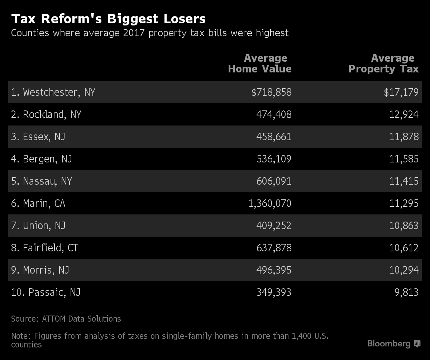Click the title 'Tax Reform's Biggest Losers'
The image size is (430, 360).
pyautogui.click(x=108, y=19)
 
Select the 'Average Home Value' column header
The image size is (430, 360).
pyautogui.click(x=260, y=63)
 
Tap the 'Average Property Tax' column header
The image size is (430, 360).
pyautogui.click(x=383, y=63)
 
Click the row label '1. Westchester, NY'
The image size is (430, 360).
pyautogui.click(x=53, y=92)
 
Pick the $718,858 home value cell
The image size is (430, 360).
pyautogui.click(x=271, y=92)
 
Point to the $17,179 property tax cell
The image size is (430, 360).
pyautogui.click(x=401, y=92)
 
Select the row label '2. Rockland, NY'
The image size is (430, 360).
pyautogui.click(x=46, y=114)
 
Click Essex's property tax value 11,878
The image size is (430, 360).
pyautogui.click(x=404, y=137)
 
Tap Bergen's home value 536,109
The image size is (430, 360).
pyautogui.click(x=274, y=159)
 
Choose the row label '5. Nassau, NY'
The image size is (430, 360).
pyautogui.click(x=42, y=181)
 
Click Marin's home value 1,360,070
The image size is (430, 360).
pyautogui.click(x=270, y=203)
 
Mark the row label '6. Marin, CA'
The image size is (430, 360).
pyautogui.click(x=38, y=203)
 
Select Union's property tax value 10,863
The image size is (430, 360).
pyautogui.click(x=404, y=226)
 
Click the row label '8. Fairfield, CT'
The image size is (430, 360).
pyautogui.click(x=44, y=248)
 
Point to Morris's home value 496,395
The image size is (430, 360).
pyautogui.click(x=274, y=270)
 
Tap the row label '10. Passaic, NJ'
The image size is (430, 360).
pyautogui.click(x=46, y=292)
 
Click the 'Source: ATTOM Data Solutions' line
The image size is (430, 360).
pyautogui.click(x=66, y=318)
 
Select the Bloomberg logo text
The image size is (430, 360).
pyautogui.click(x=389, y=344)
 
